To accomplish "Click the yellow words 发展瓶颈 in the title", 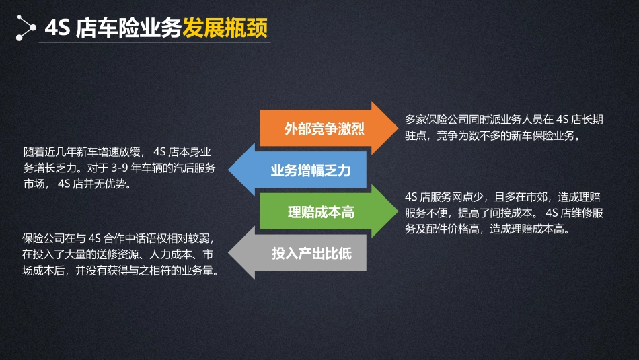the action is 225,28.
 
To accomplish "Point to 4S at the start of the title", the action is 57,28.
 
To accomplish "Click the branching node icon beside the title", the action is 26,28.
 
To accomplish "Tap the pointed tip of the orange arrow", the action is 398,128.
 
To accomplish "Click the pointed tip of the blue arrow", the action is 229,170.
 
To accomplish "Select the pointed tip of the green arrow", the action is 398,211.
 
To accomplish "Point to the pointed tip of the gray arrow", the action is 229,253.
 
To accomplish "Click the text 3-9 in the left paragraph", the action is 120,168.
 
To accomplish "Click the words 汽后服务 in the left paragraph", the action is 194,168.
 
